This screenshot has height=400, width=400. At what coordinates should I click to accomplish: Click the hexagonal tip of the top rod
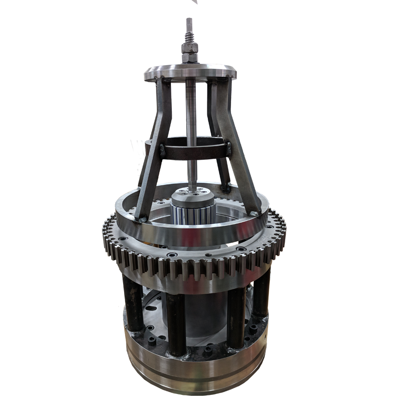pyautogui.click(x=189, y=24)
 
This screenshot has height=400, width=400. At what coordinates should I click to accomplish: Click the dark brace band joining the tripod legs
pyautogui.click(x=194, y=152)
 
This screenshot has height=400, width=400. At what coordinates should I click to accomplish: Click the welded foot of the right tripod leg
pyautogui.click(x=253, y=212)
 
